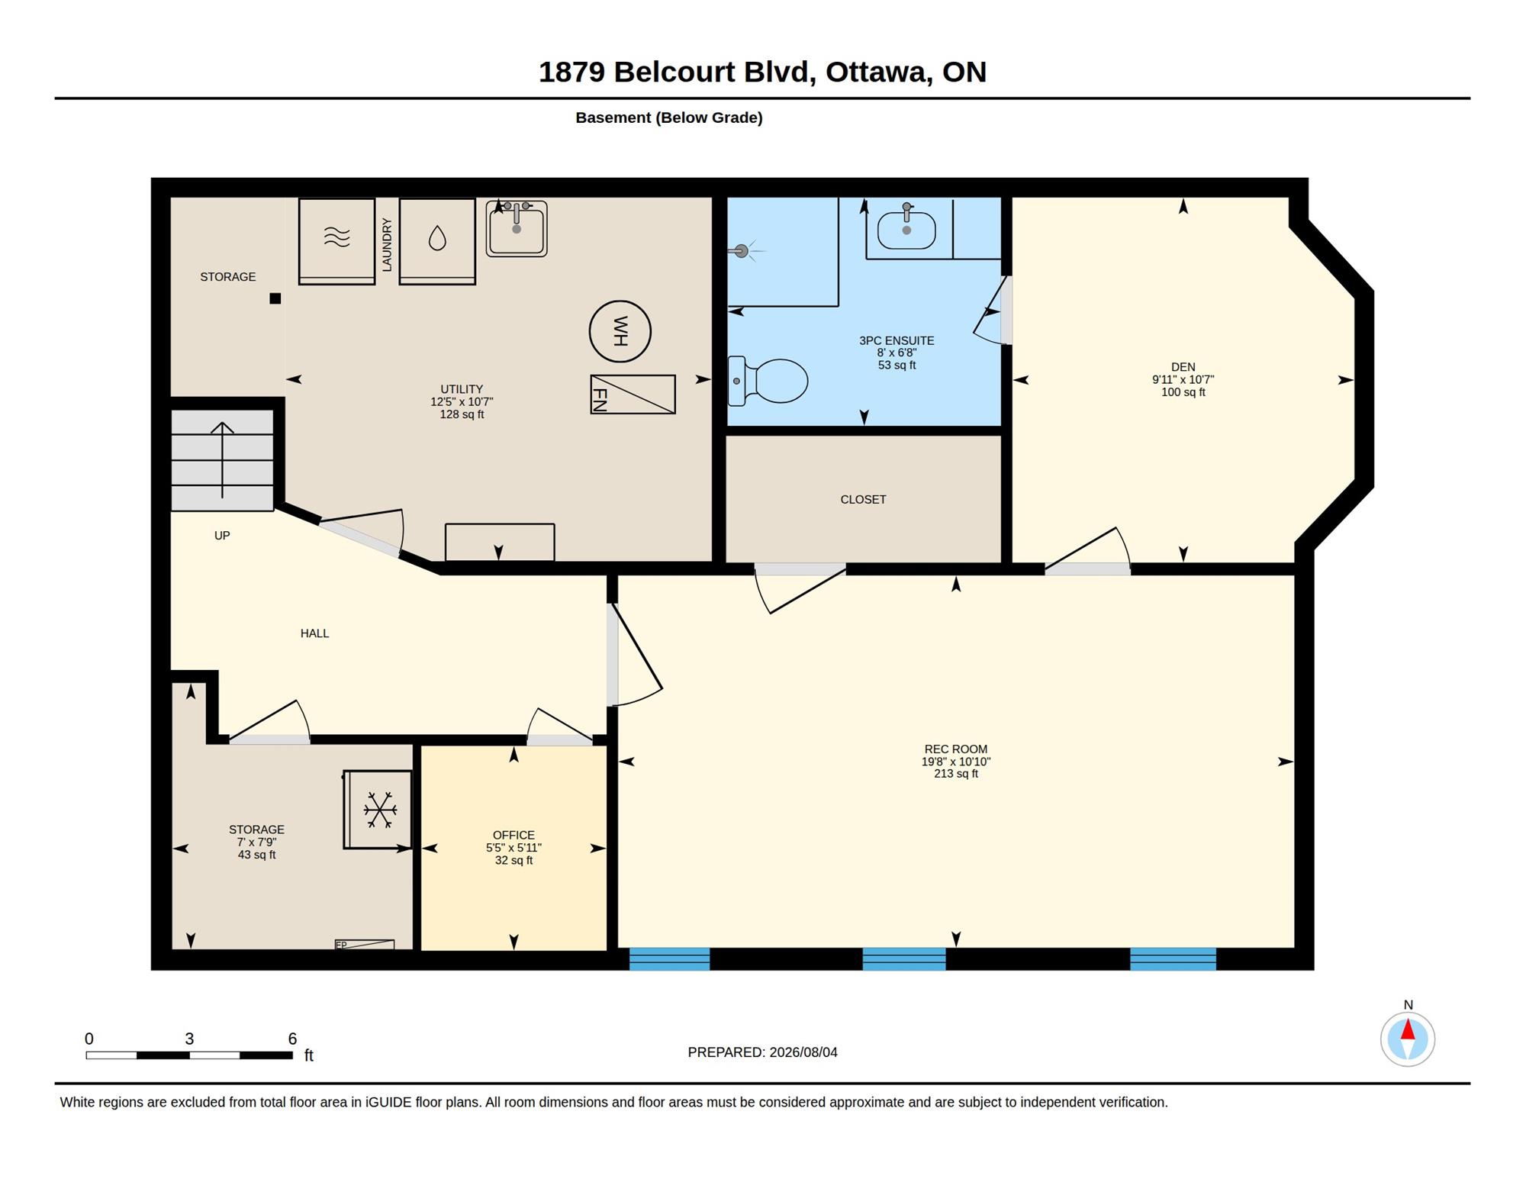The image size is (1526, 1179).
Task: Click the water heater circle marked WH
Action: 620,331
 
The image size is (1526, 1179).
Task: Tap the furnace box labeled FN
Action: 633,395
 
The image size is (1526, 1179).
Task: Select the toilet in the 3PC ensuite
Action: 768,380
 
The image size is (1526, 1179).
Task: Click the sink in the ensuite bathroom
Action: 906,229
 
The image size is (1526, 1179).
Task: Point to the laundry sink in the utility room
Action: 517,228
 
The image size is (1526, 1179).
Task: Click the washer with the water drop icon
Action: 437,241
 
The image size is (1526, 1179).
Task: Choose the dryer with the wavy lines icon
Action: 336,241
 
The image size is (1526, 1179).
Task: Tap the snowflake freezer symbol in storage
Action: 378,810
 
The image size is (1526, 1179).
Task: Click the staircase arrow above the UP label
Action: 222,459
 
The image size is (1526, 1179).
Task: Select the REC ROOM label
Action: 956,749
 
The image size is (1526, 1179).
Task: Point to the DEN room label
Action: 1183,367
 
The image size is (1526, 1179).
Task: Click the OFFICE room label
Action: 513,835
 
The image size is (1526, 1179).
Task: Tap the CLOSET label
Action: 863,499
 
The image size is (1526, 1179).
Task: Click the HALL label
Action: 314,633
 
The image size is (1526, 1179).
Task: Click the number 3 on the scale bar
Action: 189,1039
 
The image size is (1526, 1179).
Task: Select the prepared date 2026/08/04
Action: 803,1052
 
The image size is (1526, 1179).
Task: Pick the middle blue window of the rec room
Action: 904,959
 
